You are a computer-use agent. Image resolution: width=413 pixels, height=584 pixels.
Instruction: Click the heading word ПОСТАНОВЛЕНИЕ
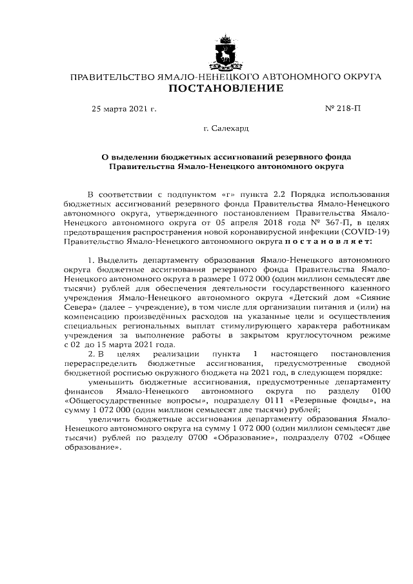225,88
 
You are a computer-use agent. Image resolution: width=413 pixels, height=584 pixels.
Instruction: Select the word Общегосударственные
106,401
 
